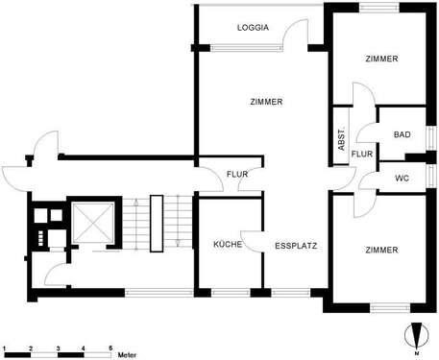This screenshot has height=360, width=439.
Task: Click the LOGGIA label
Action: click(253, 29)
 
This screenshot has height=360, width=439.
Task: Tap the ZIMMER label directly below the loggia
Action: click(266, 102)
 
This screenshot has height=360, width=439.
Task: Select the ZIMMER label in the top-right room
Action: click(381, 60)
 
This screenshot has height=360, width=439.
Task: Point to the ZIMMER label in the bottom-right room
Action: click(381, 250)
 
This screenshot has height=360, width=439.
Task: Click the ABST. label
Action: click(341, 141)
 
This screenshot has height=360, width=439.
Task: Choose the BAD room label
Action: click(402, 134)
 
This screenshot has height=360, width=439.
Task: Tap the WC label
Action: click(402, 180)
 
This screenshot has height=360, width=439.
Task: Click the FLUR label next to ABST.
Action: click(361, 154)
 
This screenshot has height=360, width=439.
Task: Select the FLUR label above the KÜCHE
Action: click(237, 174)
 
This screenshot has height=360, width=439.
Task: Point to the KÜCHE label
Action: click(228, 245)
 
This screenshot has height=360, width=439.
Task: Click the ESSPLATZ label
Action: click(296, 245)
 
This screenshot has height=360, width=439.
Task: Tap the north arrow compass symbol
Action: click(414, 335)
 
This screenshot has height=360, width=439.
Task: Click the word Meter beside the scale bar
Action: click(127, 354)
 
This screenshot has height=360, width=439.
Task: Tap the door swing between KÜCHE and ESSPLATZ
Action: click(252, 242)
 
